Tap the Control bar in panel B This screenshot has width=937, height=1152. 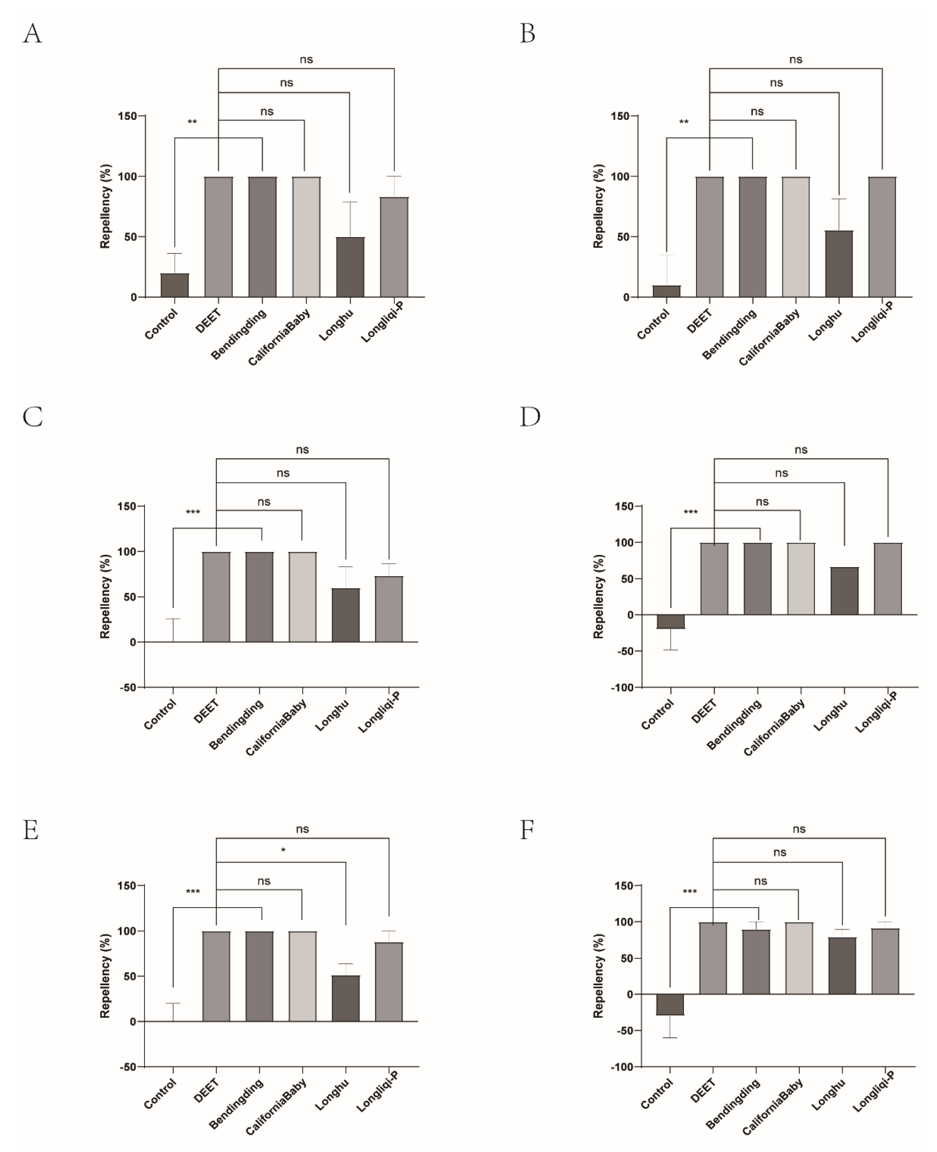[666, 291]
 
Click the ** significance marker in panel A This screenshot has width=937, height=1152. [192, 122]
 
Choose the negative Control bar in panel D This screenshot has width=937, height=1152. [670, 621]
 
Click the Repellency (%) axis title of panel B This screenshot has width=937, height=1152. [598, 206]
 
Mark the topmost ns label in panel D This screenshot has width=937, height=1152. [801, 450]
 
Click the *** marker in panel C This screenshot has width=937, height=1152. [193, 512]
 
